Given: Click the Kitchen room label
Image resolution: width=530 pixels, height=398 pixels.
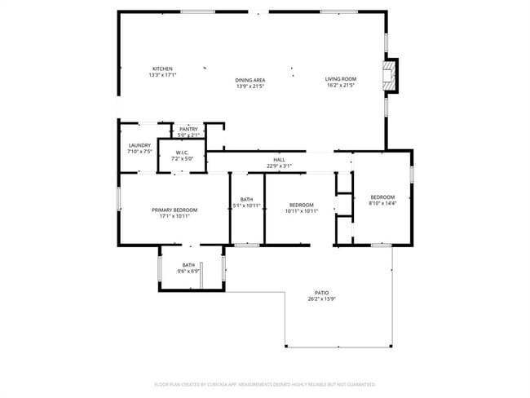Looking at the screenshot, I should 162,69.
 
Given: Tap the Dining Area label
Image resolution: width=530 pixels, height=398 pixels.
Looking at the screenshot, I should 250,80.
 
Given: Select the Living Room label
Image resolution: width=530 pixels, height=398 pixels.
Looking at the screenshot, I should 342,78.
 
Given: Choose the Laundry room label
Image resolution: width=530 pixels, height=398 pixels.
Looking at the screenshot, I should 139,145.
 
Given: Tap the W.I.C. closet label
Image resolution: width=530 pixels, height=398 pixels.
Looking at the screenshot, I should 182,153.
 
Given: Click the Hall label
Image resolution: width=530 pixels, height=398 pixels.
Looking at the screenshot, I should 279,160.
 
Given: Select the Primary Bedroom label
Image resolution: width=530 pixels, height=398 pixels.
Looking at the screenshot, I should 174,210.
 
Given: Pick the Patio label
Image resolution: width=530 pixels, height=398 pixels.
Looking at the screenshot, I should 322,292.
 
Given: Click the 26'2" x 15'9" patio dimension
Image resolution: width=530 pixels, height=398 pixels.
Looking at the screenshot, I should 322,298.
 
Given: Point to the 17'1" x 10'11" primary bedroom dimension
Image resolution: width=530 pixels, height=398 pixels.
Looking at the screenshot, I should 174,216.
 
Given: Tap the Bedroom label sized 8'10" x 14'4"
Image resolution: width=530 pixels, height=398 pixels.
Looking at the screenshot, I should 382,197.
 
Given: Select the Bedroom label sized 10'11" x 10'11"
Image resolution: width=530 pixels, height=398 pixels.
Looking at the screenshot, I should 301,205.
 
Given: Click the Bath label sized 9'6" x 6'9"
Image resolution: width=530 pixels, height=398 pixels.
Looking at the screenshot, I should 188,264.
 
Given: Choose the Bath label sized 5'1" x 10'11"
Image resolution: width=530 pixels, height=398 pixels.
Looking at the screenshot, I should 246,200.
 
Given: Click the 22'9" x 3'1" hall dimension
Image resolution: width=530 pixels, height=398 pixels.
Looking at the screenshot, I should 279,166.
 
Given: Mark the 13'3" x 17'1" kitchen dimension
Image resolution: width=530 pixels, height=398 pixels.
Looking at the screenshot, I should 162,75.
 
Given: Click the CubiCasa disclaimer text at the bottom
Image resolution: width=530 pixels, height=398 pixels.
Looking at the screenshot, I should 264,383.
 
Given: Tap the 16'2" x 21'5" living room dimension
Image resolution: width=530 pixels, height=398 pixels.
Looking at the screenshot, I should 342,85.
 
